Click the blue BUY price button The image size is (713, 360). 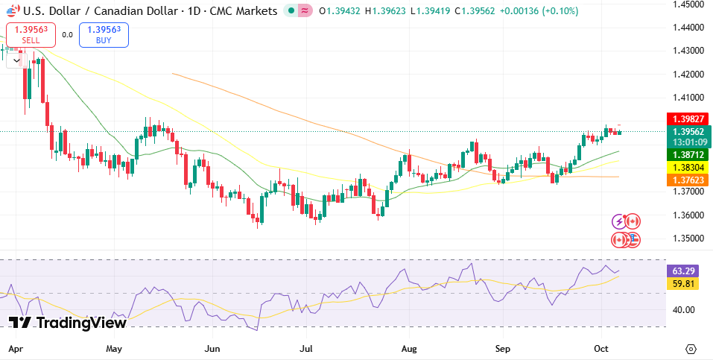[104, 34]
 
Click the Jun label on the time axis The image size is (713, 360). [213, 349]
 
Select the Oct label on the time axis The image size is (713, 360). [602, 349]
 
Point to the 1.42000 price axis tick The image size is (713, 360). [690, 75]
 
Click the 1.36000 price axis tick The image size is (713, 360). [690, 215]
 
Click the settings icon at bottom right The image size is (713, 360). [691, 349]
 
